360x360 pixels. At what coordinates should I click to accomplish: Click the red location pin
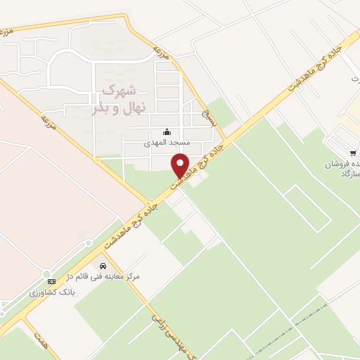pos(181,165)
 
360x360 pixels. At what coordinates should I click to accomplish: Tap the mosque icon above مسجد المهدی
pos(167,131)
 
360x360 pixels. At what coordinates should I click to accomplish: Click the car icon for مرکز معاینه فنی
pos(104,266)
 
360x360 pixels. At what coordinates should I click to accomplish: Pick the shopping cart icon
pos(352,153)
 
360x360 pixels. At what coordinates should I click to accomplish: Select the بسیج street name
pos(207,115)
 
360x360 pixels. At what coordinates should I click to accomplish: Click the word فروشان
pos(337,163)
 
